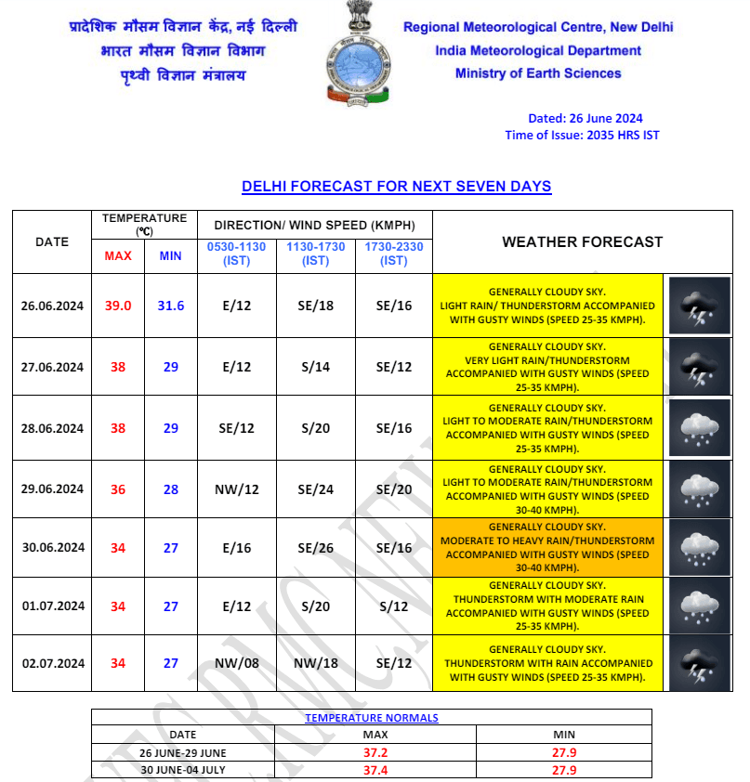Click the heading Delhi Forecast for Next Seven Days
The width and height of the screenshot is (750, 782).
click(x=396, y=187)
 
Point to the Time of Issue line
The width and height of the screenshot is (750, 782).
click(x=582, y=135)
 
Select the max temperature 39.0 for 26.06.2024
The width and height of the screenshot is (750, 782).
click(x=118, y=306)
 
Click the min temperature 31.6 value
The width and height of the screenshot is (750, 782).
click(x=170, y=306)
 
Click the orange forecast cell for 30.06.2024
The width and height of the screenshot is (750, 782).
click(x=547, y=547)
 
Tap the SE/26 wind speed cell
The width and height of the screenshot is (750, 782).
click(x=316, y=547)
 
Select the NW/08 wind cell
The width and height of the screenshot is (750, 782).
click(x=237, y=663)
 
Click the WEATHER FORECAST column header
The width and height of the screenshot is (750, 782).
click(x=582, y=241)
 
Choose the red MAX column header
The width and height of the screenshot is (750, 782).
click(x=118, y=255)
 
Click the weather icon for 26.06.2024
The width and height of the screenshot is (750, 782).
click(x=698, y=306)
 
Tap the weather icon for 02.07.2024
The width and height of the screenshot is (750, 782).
click(x=698, y=663)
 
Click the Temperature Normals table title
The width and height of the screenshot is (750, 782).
click(x=371, y=718)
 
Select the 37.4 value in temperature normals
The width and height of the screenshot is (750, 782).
click(x=375, y=770)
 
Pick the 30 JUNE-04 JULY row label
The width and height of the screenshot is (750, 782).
click(x=183, y=770)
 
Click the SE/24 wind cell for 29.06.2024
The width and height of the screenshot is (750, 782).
click(x=316, y=489)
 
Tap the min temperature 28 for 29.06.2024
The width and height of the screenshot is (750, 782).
click(x=170, y=489)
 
